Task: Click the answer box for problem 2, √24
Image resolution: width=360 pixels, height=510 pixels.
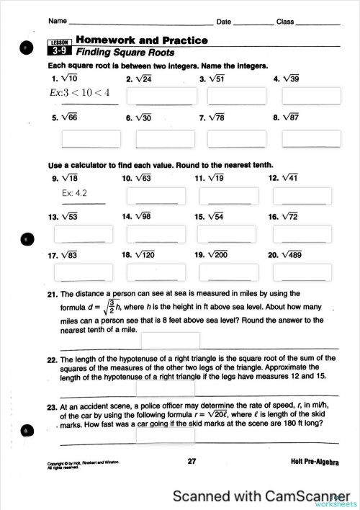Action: coord(155,96)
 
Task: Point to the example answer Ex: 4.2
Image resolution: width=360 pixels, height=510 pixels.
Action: coord(74,193)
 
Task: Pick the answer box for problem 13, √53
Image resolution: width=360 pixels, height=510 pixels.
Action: coord(84,234)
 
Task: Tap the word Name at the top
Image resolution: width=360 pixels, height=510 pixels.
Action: coord(58,22)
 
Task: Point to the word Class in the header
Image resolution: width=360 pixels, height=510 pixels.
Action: coord(285,22)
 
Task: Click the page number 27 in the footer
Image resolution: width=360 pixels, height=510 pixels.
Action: coord(192,461)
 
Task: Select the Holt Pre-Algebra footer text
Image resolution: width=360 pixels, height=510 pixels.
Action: coord(315,462)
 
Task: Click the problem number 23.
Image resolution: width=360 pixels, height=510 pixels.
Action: coord(52,407)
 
